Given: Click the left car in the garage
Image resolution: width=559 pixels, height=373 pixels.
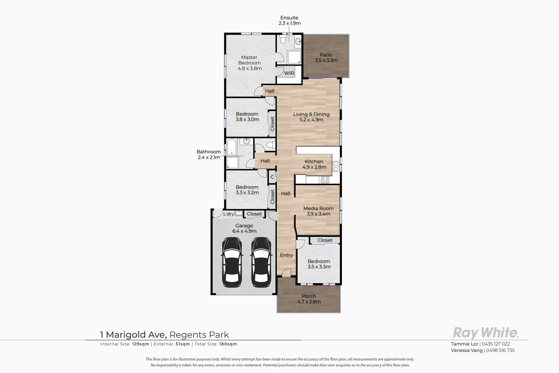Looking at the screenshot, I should click(231, 262).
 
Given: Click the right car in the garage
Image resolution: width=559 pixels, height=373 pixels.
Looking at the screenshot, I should click(260, 262).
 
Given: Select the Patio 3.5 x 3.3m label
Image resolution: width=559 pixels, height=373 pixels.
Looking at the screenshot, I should click(326, 57).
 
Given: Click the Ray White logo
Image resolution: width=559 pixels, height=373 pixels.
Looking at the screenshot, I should click(485, 333).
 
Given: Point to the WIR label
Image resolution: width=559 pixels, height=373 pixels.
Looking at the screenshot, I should click(289, 73).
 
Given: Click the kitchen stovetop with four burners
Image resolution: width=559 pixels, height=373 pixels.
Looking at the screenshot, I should click(325, 180).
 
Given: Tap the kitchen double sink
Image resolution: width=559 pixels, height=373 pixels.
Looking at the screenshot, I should click(335, 166).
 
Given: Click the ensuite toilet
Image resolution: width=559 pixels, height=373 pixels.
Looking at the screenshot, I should click(283, 40).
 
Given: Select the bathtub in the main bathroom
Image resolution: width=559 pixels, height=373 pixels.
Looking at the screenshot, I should click(231, 147).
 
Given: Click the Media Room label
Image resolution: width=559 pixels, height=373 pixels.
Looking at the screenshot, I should click(318, 211).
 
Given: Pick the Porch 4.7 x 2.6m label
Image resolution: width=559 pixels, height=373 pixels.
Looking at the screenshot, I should click(309, 299).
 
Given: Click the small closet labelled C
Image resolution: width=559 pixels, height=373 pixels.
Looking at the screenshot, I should click(272, 177).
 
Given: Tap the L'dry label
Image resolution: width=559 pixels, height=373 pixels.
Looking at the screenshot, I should click(228, 214).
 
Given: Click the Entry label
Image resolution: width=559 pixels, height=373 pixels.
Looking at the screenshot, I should click(286, 255).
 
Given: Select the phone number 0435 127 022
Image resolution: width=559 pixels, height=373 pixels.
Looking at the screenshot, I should click(496, 344).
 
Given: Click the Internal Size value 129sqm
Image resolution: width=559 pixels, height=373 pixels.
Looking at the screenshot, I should click(141, 344).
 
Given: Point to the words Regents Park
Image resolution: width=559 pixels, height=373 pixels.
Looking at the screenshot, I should click(199, 335).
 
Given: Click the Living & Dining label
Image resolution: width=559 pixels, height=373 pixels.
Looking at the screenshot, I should click(311, 117).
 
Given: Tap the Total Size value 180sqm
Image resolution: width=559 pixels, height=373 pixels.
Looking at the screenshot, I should click(228, 344).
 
